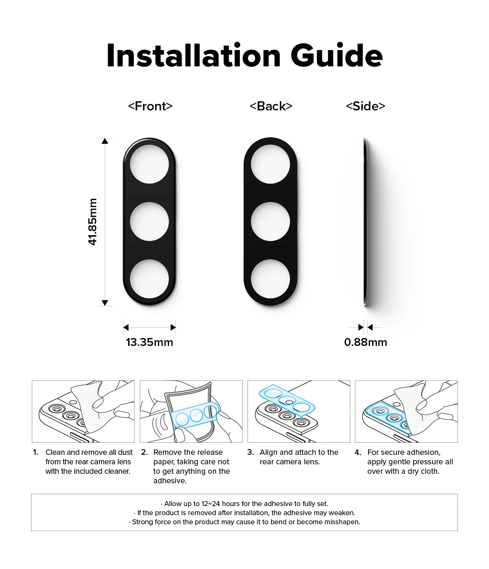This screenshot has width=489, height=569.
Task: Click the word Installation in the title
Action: tap(193, 55)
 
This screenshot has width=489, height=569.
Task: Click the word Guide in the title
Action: tap(337, 55)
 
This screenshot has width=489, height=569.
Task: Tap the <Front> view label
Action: tap(150, 106)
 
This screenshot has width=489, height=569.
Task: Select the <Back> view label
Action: tap(271, 106)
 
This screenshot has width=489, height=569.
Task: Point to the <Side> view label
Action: tap(365, 106)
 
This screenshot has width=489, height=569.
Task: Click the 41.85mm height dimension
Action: tap(92, 222)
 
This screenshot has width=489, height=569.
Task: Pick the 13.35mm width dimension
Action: tap(149, 342)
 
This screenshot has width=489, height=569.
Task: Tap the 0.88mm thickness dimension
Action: tap(365, 342)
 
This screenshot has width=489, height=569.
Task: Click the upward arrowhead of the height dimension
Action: tap(105, 141)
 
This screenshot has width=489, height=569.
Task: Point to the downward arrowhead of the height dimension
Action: tap(105, 303)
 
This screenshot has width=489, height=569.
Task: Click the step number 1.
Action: tap(36, 452)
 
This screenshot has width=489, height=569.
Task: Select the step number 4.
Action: tap(358, 452)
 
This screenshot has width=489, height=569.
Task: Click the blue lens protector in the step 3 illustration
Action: tap(287, 400)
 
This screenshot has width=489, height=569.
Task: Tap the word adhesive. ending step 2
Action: tap(170, 481)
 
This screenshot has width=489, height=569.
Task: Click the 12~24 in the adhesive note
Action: tap(211, 504)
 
